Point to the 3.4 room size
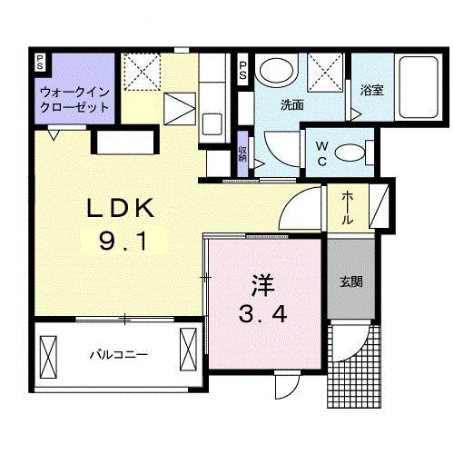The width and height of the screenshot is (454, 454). (x=263, y=316)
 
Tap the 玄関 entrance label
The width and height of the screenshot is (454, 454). (x=352, y=282)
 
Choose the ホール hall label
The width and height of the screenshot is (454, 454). (x=349, y=207)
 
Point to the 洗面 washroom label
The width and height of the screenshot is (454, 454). (x=291, y=104)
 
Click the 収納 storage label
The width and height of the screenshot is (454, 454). (x=242, y=152)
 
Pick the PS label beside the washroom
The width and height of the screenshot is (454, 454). (x=242, y=72)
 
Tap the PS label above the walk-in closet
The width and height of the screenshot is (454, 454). (x=40, y=63)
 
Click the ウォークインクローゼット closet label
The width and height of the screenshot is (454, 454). (x=74, y=99)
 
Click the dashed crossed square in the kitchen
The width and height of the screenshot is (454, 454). (x=142, y=70)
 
